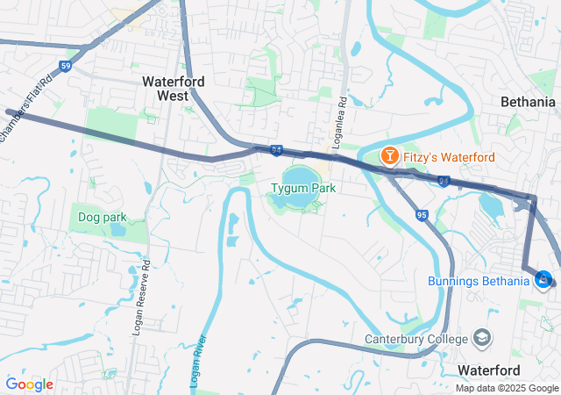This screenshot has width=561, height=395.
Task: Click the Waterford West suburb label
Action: [174, 88]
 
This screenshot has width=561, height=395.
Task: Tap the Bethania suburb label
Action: [528, 102]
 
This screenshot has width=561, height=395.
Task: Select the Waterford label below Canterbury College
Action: [489, 370]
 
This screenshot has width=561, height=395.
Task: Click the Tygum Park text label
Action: [303, 188]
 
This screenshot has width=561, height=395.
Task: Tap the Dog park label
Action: [103, 217]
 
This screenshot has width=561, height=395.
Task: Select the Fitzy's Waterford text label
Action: [449, 157]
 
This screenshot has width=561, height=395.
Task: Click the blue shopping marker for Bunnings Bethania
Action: [543, 279]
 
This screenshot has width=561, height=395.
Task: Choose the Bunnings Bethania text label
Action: [479, 281]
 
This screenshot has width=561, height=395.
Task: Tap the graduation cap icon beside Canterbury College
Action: [482, 338]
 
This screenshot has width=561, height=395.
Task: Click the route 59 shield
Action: [66, 66]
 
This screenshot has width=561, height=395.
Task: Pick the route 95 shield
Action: [422, 215]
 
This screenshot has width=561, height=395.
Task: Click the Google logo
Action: [29, 384]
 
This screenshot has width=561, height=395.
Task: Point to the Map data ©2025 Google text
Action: [506, 388]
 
